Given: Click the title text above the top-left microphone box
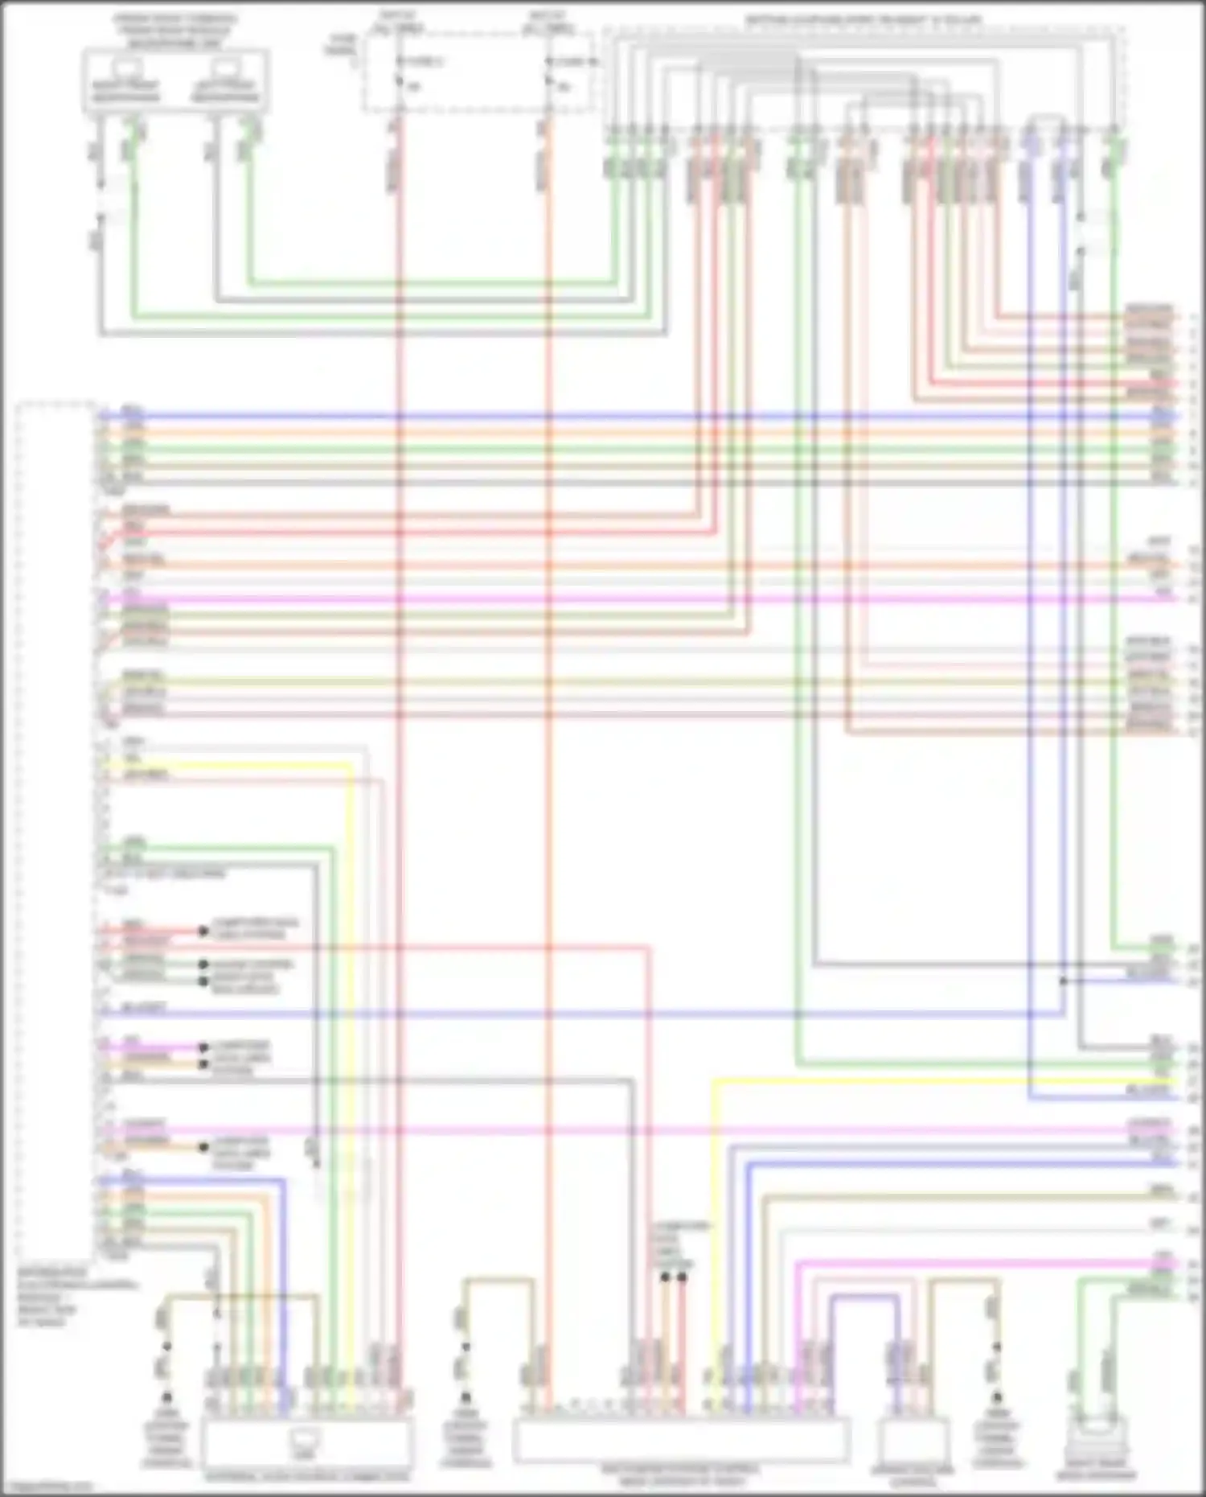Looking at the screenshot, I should click(x=174, y=30).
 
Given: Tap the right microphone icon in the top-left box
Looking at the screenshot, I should click(x=225, y=68).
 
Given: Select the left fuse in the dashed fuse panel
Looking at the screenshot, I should click(x=400, y=71).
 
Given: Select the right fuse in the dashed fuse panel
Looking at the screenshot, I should click(x=550, y=71).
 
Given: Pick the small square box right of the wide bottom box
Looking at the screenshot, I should click(x=912, y=1439).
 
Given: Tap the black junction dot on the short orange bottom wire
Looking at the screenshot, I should click(x=666, y=1277).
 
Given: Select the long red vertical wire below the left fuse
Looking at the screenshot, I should click(x=400, y=724).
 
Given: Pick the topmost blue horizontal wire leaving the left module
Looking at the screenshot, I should click(x=563, y=417).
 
